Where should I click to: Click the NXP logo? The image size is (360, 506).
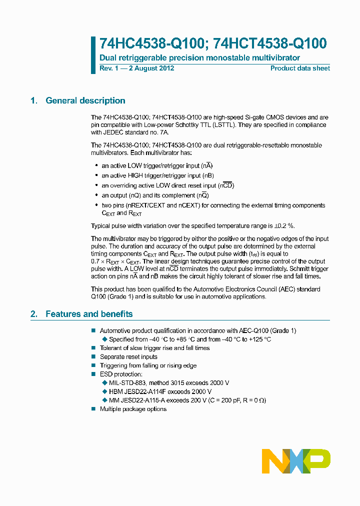296,460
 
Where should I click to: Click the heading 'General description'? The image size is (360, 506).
85,101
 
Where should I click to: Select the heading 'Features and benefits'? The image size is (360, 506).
89,314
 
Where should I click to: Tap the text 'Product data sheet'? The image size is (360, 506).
300,68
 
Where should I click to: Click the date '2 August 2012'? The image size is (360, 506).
151,68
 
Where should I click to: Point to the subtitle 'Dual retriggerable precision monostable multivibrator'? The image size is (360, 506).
199,58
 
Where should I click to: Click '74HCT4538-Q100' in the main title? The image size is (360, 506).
270,44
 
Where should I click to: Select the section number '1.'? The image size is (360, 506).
34,101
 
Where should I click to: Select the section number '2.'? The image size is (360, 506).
34,314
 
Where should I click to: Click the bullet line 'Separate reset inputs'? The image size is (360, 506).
128,357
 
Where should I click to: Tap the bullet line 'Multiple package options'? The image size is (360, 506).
133,409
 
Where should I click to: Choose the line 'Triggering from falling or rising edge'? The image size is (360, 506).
148,365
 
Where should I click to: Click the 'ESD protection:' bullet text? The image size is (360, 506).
121,374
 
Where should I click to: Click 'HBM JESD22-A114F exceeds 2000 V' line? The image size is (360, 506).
160,391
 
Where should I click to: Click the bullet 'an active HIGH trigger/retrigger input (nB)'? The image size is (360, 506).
157,175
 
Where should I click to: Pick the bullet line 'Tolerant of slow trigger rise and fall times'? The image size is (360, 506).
154,348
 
